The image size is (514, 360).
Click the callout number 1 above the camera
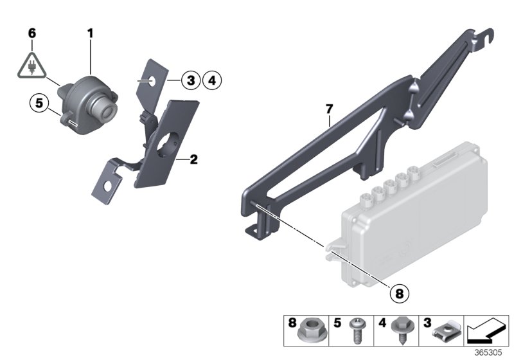click(91, 31)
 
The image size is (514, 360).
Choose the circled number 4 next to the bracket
click(211, 80)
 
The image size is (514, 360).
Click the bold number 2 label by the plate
click(193, 158)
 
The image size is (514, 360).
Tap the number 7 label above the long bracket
click(329, 110)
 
